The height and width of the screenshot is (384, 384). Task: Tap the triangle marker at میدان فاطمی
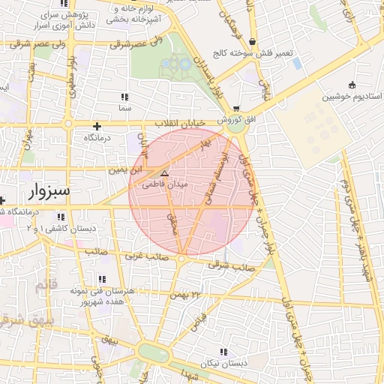pyautogui.click(x=164, y=173)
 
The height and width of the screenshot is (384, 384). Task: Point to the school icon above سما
pyautogui.click(x=124, y=97)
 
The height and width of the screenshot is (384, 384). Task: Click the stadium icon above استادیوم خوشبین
pyautogui.click(x=352, y=84)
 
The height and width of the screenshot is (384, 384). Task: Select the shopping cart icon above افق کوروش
pyautogui.click(x=237, y=108)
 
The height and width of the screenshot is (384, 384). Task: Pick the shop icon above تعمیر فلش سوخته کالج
pyautogui.click(x=252, y=42)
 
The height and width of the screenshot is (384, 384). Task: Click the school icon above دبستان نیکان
pyautogui.click(x=223, y=352)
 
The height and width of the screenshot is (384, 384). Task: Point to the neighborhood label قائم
pyautogui.click(x=46, y=285)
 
